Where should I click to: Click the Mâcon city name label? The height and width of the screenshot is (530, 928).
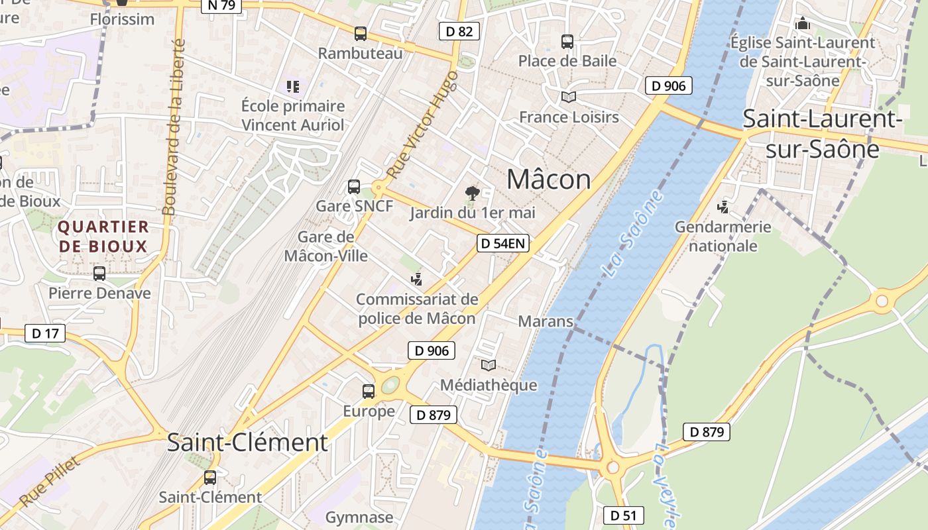549,180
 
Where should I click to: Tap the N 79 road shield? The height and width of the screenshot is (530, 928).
221,5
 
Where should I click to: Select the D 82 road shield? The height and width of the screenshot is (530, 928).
459,30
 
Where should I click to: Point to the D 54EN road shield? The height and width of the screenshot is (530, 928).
502,243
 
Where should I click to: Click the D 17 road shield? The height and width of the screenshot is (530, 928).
45,333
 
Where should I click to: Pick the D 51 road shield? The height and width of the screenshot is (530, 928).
623,515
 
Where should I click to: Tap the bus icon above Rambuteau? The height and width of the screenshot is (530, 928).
361,33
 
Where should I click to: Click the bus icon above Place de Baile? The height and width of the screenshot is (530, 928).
567,42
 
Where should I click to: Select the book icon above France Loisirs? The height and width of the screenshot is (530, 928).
568,97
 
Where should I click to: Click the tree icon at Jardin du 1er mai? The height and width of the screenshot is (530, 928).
473,193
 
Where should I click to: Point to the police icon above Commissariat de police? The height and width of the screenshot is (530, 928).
416,279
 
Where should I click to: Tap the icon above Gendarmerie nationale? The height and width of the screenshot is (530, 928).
723,207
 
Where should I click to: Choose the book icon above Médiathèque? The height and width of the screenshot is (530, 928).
489,365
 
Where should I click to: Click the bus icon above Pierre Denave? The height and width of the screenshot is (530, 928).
99,273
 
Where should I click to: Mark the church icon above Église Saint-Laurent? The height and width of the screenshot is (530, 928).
803,23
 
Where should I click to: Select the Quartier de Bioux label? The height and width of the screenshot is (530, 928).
103,237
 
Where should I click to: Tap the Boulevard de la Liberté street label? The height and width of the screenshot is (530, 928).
173,126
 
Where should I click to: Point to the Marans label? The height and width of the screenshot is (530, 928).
545,321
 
